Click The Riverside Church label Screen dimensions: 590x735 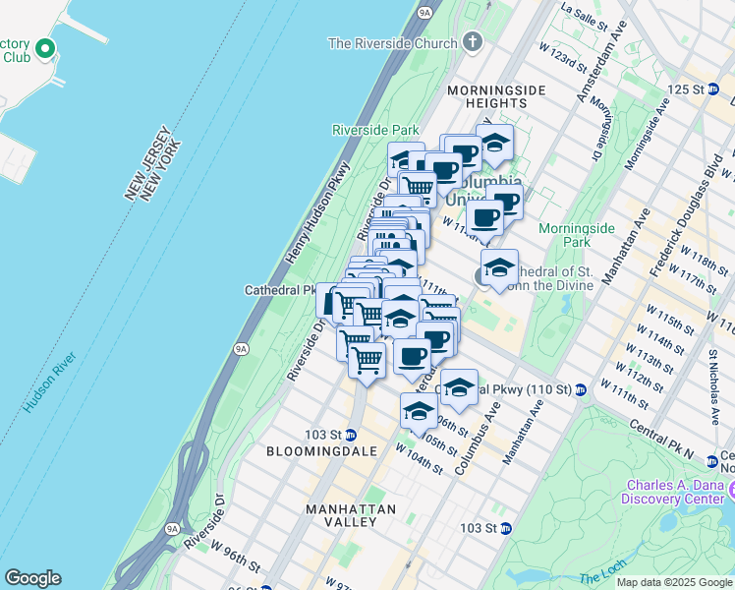click(392, 43)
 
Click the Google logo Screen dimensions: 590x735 click(32, 578)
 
